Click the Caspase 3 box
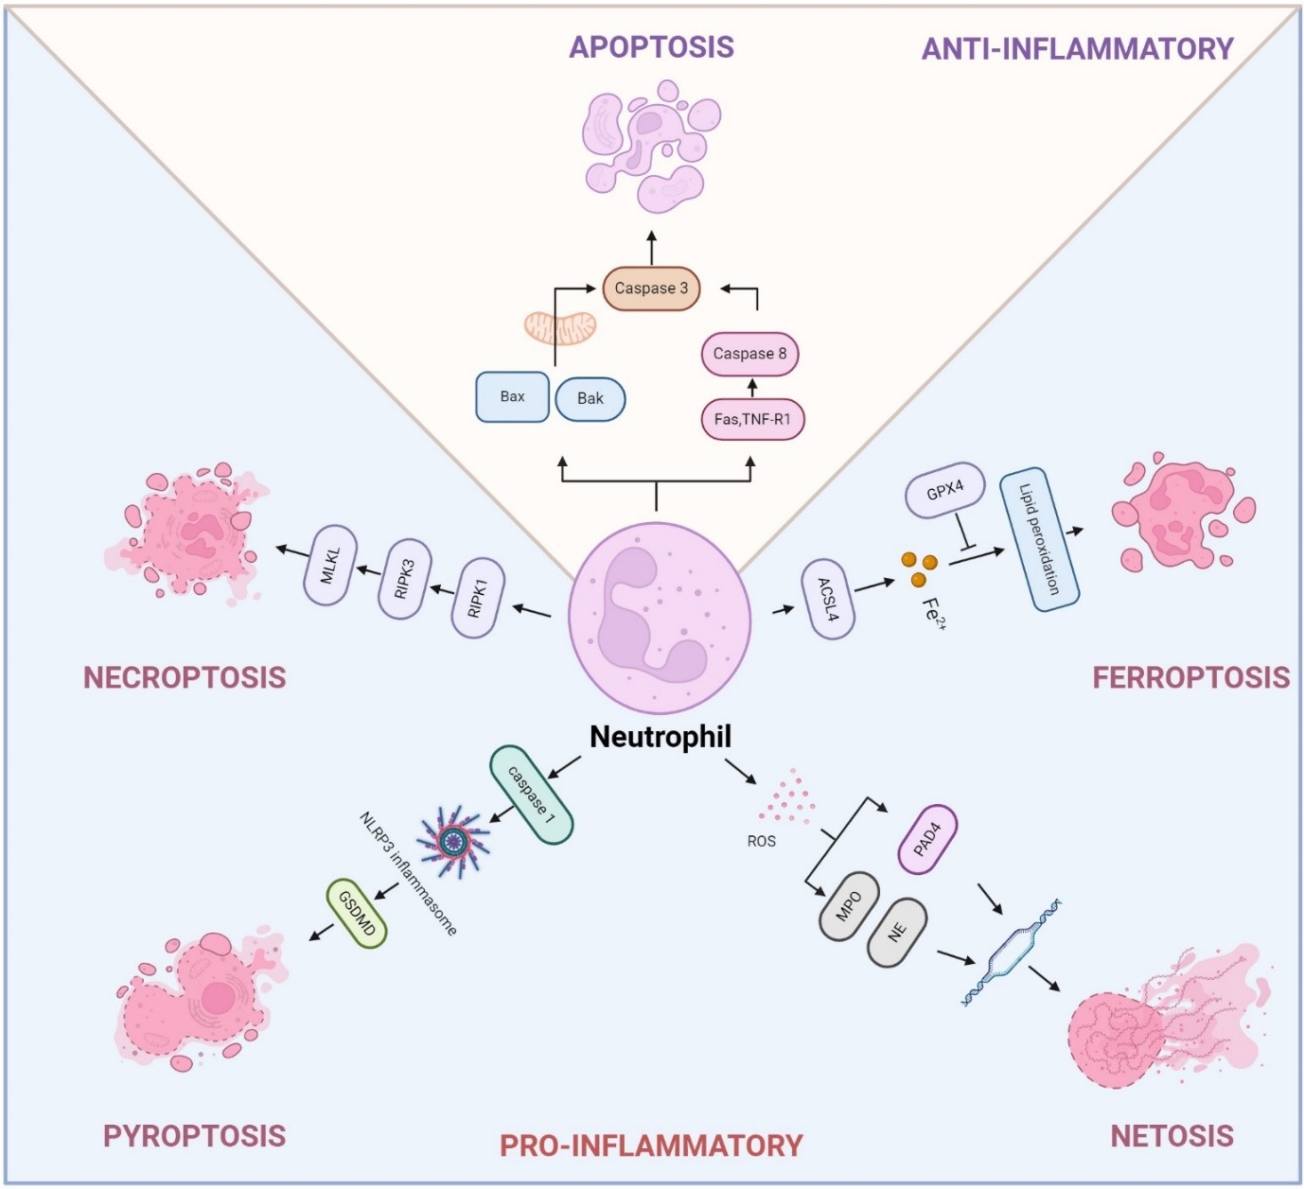[651, 288]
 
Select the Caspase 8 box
[749, 354]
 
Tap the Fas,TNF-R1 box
[752, 419]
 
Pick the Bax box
[512, 396]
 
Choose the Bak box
[590, 398]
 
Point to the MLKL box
[330, 565]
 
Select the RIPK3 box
[405, 579]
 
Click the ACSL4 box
[827, 600]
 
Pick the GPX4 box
[945, 490]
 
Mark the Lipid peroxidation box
[1039, 539]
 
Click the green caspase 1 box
[531, 795]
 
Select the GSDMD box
[357, 913]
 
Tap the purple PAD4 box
[927, 840]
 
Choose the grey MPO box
[849, 906]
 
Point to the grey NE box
[897, 933]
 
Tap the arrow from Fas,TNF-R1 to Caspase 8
[752, 388]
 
